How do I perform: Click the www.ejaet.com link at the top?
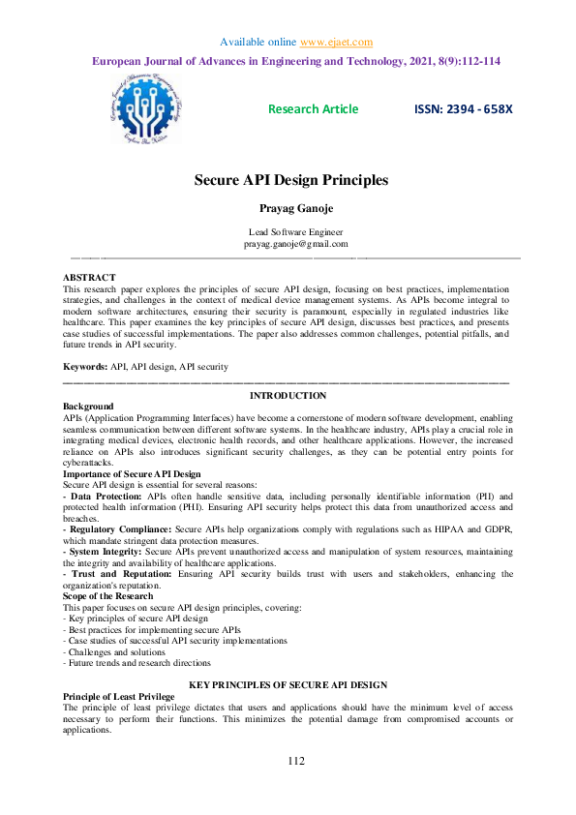336,42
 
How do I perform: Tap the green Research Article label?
313,109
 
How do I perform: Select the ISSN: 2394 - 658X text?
464,109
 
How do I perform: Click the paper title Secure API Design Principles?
291,180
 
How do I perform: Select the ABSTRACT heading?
89,278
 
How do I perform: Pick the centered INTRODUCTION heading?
288,396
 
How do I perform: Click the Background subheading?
88,406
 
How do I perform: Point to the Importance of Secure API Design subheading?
132,474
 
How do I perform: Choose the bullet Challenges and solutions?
114,652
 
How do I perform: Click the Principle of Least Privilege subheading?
118,697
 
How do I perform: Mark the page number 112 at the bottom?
296,763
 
